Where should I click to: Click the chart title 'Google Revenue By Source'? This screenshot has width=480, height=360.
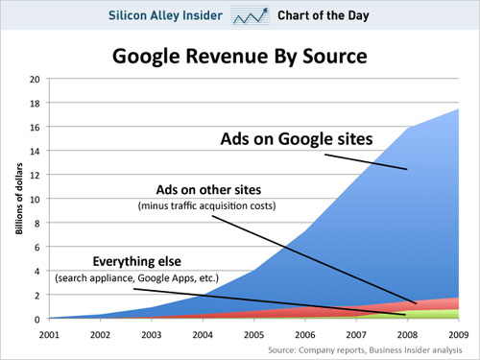point(239,55)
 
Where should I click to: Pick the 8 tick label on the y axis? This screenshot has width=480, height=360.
point(36,224)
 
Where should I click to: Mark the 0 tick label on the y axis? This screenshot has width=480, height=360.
point(36,320)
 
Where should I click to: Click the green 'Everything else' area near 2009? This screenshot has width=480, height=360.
point(451,314)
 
